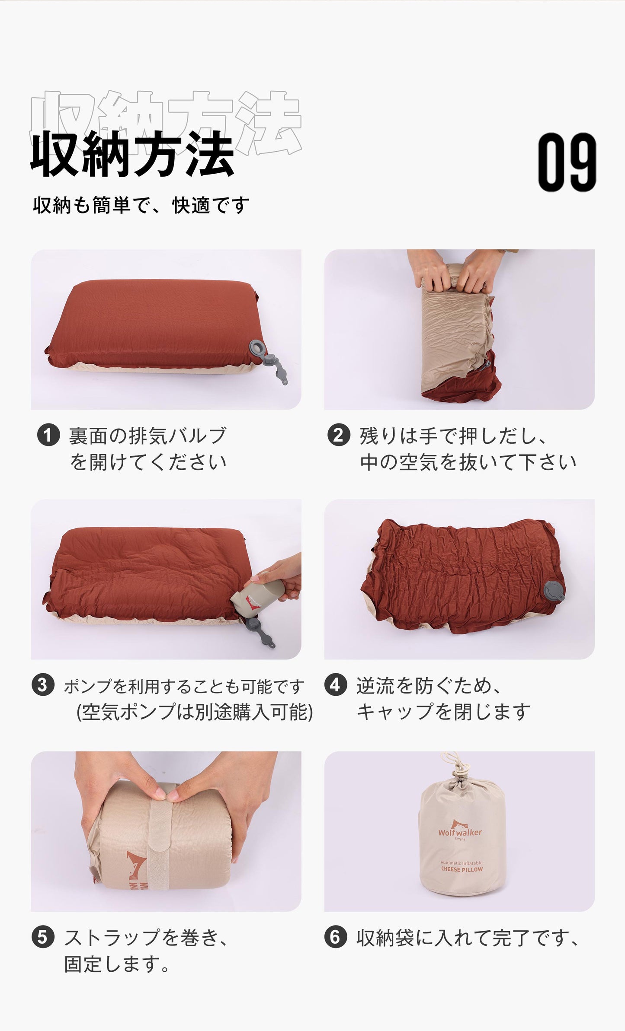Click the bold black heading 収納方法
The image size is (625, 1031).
132,154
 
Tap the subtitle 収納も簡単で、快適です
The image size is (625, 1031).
141,205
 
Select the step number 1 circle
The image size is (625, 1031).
48,436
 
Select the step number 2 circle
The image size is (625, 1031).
338,436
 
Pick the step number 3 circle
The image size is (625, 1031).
43,686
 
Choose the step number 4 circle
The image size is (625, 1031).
336,685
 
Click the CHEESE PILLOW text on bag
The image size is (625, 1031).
462,869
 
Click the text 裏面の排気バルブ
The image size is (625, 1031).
147,436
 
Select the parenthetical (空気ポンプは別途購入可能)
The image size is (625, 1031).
194,712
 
